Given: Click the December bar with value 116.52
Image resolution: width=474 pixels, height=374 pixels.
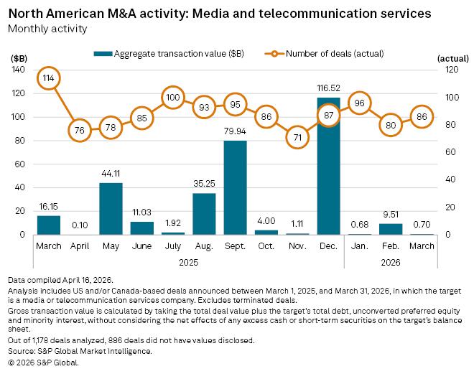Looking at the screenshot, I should tap(328, 166).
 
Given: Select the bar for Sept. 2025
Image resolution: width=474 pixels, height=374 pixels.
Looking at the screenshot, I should tap(235, 187).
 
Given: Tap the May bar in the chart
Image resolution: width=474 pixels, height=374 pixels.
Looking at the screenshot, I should tap(111, 208).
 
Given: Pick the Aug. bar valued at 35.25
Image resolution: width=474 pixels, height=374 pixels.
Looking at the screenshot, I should tap(204, 214).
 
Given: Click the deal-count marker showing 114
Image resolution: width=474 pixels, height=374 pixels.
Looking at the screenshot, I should tap(48, 78).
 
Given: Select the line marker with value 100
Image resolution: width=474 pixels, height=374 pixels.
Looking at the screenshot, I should tap(173, 97).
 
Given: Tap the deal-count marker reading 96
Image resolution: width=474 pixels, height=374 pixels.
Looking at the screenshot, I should tap(359, 103).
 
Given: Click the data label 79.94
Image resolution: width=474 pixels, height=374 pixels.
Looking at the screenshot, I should tap(235, 133).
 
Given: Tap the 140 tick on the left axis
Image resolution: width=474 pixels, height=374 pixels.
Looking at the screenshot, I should tap(19, 70).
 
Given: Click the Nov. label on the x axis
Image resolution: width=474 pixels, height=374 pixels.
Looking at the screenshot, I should tap(297, 246).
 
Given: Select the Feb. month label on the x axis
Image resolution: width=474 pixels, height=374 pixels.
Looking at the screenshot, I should tap(391, 246).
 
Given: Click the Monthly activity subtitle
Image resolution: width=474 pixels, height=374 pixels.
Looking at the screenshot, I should tap(47, 29).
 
